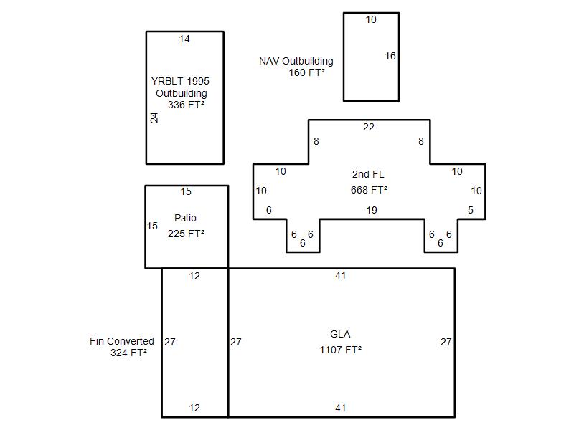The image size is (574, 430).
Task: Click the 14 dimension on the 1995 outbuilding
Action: point(184,39)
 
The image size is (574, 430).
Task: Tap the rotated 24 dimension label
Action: point(154,118)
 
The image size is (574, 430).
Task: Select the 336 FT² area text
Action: point(186,105)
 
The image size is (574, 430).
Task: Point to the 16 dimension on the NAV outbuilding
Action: point(390,56)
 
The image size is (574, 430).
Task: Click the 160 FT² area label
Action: point(307,72)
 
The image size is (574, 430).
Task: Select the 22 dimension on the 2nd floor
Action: point(369,127)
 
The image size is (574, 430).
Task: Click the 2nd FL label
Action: point(368,174)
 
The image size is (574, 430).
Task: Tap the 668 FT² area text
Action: point(369,190)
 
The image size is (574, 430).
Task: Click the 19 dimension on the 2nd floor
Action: point(372,210)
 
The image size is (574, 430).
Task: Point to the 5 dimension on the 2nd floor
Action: point(471,210)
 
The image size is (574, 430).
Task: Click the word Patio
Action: point(185,218)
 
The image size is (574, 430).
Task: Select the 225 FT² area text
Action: point(186,234)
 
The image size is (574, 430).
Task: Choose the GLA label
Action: point(340,334)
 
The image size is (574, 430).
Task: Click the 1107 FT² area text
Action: point(340,350)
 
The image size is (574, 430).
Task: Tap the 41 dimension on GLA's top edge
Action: point(340,275)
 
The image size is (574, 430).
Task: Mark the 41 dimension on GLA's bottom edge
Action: point(340,408)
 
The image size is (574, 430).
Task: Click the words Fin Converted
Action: point(121,341)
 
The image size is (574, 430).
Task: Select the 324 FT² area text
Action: point(129,353)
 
